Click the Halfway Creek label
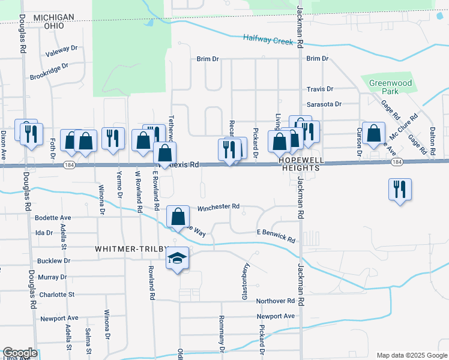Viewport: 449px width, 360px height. (268, 40)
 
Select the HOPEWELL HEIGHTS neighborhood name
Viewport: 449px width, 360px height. (298, 166)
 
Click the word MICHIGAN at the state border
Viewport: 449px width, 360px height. (54, 17)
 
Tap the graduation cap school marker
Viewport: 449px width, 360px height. (178, 259)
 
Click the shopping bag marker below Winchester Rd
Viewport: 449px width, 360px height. (178, 217)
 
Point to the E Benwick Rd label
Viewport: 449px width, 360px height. (276, 235)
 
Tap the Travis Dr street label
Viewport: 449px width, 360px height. (319, 89)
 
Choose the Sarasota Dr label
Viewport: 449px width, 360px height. (324, 104)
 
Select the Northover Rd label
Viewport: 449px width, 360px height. (275, 301)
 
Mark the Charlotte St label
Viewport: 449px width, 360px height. (56, 295)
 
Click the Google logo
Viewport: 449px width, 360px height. (20, 352)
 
